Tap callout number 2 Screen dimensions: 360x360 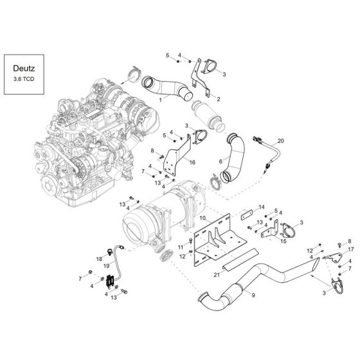tap(219, 99)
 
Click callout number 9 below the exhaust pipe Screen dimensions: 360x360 tap(253, 294)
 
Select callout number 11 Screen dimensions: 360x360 tap(181, 246)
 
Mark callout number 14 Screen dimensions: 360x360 tap(262, 207)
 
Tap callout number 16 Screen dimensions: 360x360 tap(192, 163)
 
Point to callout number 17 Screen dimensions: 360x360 tap(351, 248)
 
